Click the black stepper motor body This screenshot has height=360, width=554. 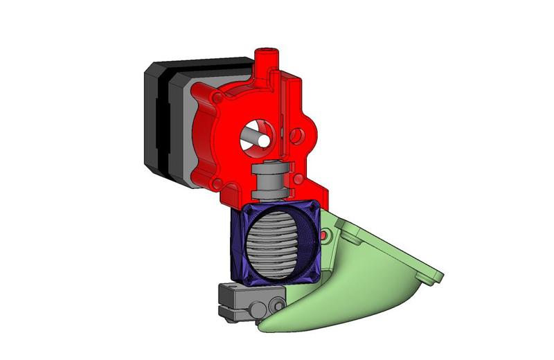pyautogui.click(x=156, y=118)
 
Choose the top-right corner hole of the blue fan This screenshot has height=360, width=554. pyautogui.click(x=314, y=208)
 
